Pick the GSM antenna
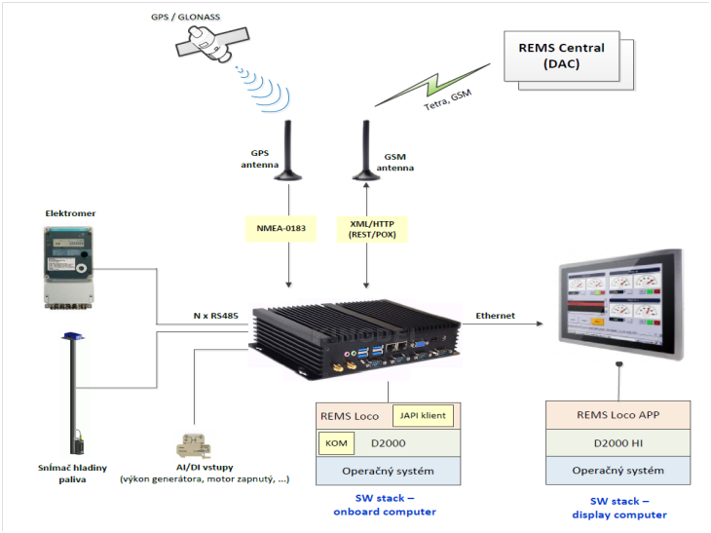tap(367, 151)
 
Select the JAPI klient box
tap(423, 416)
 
